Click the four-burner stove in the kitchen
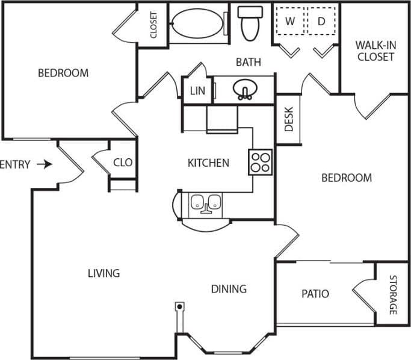click(261, 161)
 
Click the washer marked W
click(290, 22)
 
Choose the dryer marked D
click(321, 22)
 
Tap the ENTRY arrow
click(45, 164)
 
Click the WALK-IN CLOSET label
click(375, 51)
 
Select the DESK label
click(288, 119)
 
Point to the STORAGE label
click(393, 295)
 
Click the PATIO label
click(315, 294)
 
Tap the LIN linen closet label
click(197, 91)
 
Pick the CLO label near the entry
click(123, 163)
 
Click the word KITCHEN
click(208, 163)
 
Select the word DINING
click(229, 289)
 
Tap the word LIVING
click(104, 273)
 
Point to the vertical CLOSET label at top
click(153, 25)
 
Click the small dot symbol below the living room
click(179, 306)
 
